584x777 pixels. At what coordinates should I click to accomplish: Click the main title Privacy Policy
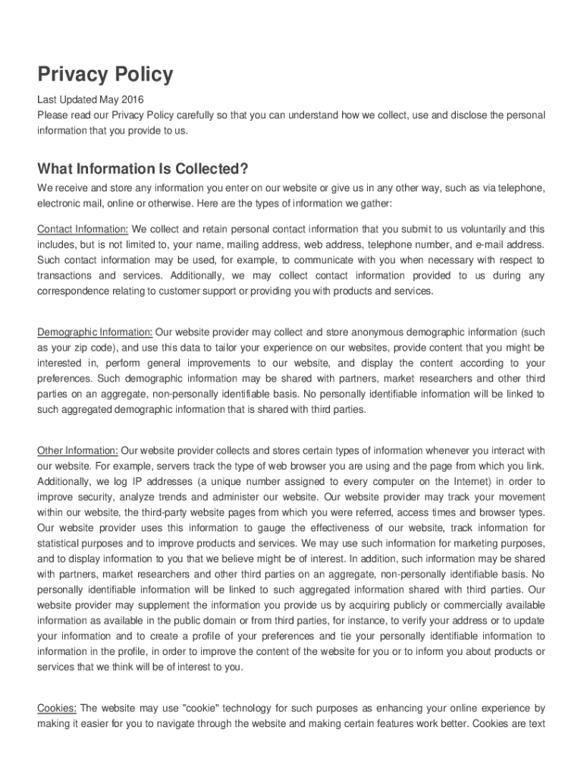[x=105, y=74]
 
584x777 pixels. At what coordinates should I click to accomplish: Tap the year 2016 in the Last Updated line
[x=131, y=99]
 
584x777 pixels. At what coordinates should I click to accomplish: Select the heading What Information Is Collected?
[x=143, y=168]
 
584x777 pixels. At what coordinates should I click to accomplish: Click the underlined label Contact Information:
[x=83, y=229]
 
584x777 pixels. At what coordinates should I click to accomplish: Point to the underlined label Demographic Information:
[x=96, y=332]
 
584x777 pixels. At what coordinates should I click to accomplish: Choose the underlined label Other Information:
[x=77, y=450]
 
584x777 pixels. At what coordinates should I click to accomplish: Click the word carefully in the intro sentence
[x=200, y=115]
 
